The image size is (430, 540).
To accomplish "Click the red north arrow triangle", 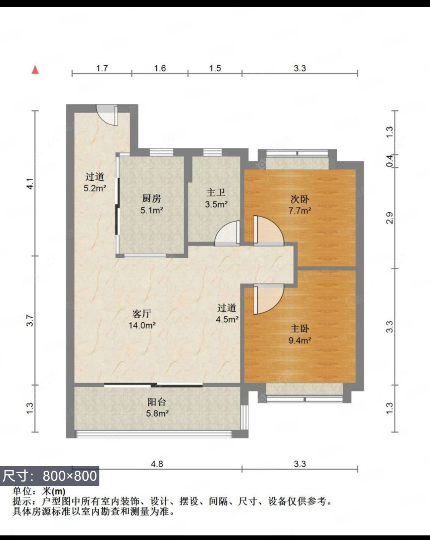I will point(35,70).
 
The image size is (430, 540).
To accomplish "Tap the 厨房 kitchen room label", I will point(152,199).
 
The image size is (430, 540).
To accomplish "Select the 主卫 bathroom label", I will point(216,193).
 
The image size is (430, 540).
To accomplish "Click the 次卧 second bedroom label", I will point(300,199).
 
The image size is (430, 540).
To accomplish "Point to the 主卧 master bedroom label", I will point(300,328).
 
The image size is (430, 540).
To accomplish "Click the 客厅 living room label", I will point(142,314).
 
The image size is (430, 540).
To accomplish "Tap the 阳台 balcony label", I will point(157,402).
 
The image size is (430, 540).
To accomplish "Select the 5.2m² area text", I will point(95,188).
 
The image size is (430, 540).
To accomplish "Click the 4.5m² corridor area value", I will point(227,319).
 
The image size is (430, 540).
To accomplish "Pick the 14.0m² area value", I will point(142,325).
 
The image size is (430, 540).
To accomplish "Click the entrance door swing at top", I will point(106,115).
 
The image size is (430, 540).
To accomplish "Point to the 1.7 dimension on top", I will point(102,68).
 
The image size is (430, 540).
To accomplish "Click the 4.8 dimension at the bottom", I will point(157,464).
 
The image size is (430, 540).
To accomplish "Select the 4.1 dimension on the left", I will point(31,184).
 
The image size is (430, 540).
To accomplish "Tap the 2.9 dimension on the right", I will point(389,218).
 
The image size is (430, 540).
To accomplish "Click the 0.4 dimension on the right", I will point(389,161).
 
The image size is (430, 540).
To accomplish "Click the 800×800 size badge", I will point(50,476).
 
